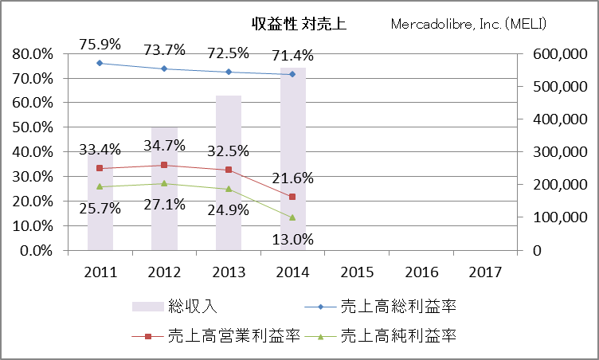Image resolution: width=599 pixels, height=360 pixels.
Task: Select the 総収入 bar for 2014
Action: tap(292, 159)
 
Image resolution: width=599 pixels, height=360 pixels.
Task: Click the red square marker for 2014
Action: tap(292, 197)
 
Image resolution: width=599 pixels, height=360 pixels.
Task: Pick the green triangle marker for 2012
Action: tap(164, 183)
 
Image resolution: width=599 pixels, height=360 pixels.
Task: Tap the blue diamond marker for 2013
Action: tap(229, 72)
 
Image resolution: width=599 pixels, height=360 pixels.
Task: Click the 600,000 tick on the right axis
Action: tap(550, 54)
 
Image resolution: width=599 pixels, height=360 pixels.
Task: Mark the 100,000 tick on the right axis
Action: tap(550, 217)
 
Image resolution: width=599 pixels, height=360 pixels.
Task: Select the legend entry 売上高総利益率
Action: tap(397, 305)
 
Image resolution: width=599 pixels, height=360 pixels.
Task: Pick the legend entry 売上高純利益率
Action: tap(397, 335)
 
